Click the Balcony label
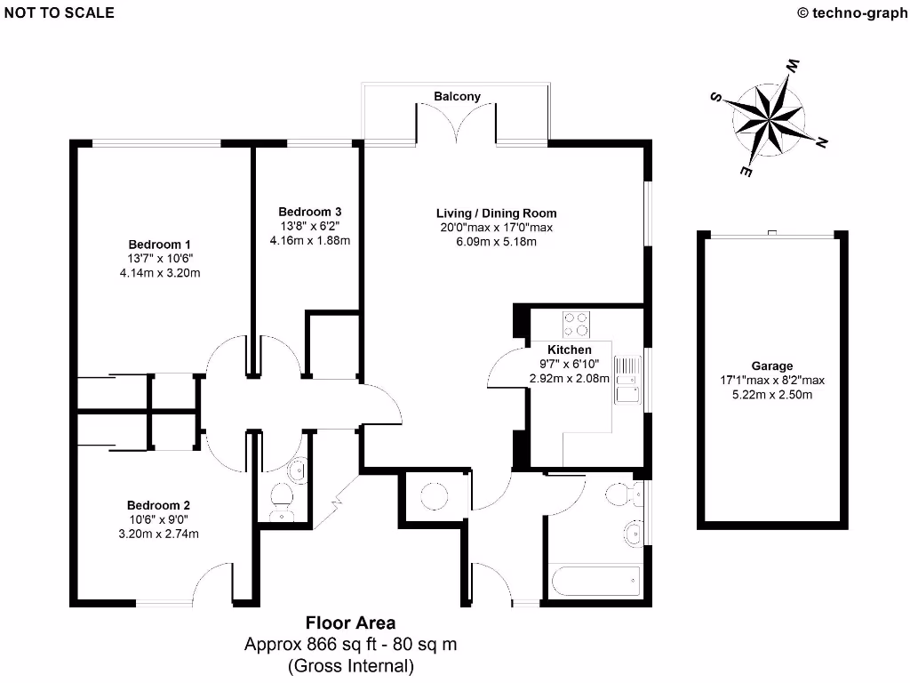pyautogui.click(x=457, y=96)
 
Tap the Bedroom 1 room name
pyautogui.click(x=160, y=245)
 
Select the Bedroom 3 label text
pyautogui.click(x=309, y=212)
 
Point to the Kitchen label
pyautogui.click(x=570, y=350)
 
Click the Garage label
pyautogui.click(x=771, y=366)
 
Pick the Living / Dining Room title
pyautogui.click(x=496, y=213)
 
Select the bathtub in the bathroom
pyautogui.click(x=595, y=583)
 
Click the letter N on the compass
pyautogui.click(x=822, y=141)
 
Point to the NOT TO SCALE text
pyautogui.click(x=58, y=13)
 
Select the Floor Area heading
pyautogui.click(x=351, y=623)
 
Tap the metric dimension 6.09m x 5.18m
pyautogui.click(x=496, y=241)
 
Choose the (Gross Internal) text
pyautogui.click(x=351, y=665)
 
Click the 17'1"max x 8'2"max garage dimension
pyautogui.click(x=771, y=380)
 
